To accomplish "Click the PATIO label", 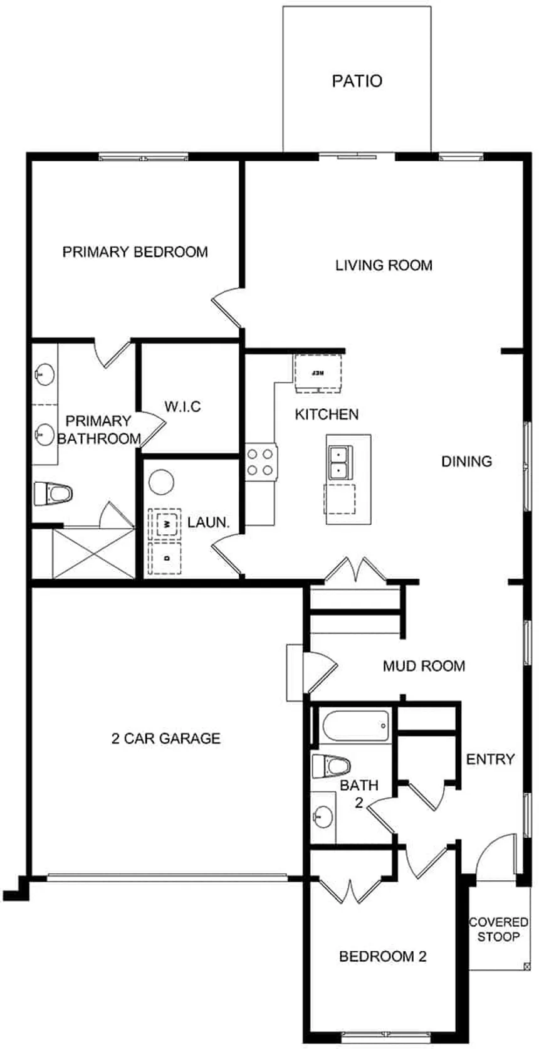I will click(x=357, y=81).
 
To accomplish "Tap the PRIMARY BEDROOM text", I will click(x=135, y=252).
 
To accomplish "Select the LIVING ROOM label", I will click(x=384, y=265).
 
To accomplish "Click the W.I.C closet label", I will click(x=182, y=407).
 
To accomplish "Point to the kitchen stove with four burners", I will click(x=261, y=461).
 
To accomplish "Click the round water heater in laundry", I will click(x=161, y=483).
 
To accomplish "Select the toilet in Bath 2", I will click(x=331, y=766).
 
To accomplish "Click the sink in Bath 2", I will click(x=323, y=816).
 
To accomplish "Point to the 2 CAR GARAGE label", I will click(x=165, y=739).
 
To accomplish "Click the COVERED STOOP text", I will click(x=498, y=929).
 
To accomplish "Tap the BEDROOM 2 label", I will click(x=382, y=956).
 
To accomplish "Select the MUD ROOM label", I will click(x=424, y=666).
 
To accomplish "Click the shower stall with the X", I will click(x=93, y=553).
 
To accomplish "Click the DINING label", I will click(x=466, y=461).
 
